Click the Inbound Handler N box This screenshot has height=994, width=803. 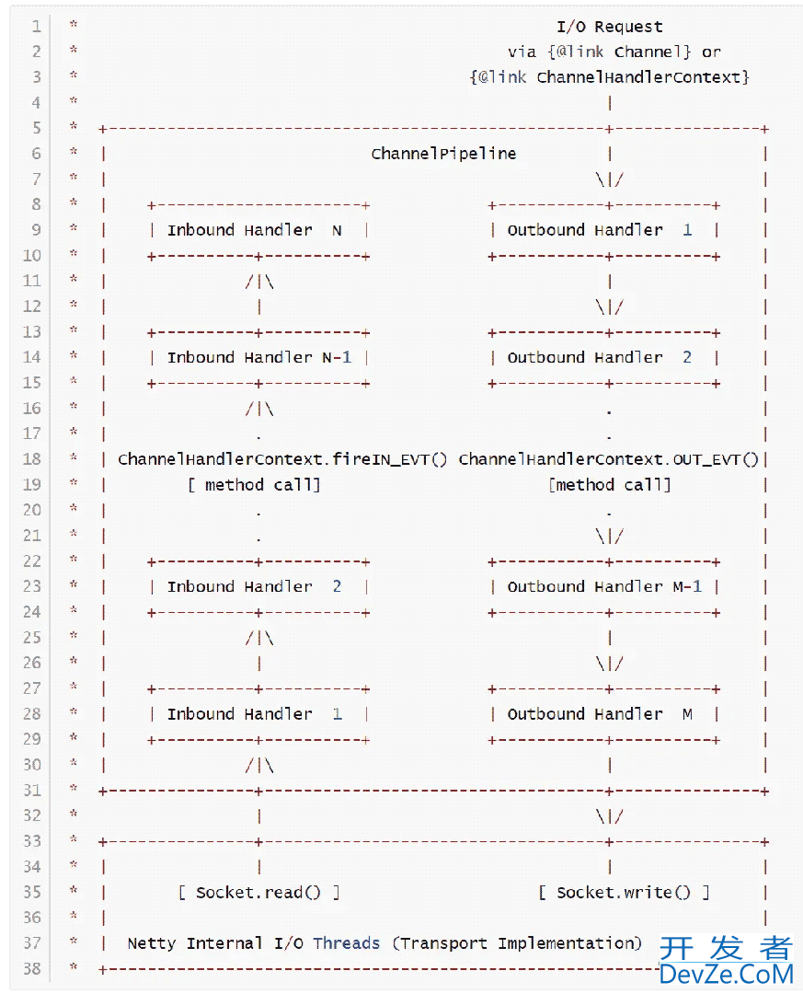(x=258, y=230)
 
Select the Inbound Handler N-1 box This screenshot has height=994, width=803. (x=258, y=357)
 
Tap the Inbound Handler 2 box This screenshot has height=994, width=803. (x=258, y=586)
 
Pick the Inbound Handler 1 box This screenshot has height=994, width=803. (x=258, y=713)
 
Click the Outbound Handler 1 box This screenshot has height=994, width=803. (x=603, y=230)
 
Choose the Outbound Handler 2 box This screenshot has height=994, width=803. (x=603, y=357)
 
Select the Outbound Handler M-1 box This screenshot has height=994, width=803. (x=603, y=586)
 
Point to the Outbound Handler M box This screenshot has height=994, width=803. (x=603, y=713)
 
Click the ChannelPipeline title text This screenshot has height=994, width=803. (x=443, y=154)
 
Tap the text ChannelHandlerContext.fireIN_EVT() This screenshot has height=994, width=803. (x=282, y=459)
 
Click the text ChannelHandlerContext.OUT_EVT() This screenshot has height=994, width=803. (x=608, y=459)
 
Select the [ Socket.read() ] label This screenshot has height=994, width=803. (x=258, y=892)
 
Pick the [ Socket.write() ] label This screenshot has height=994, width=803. (x=624, y=892)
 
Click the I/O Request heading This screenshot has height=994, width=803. (x=609, y=27)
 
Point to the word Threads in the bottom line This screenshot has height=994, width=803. (x=346, y=943)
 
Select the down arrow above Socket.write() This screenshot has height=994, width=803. (x=609, y=816)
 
